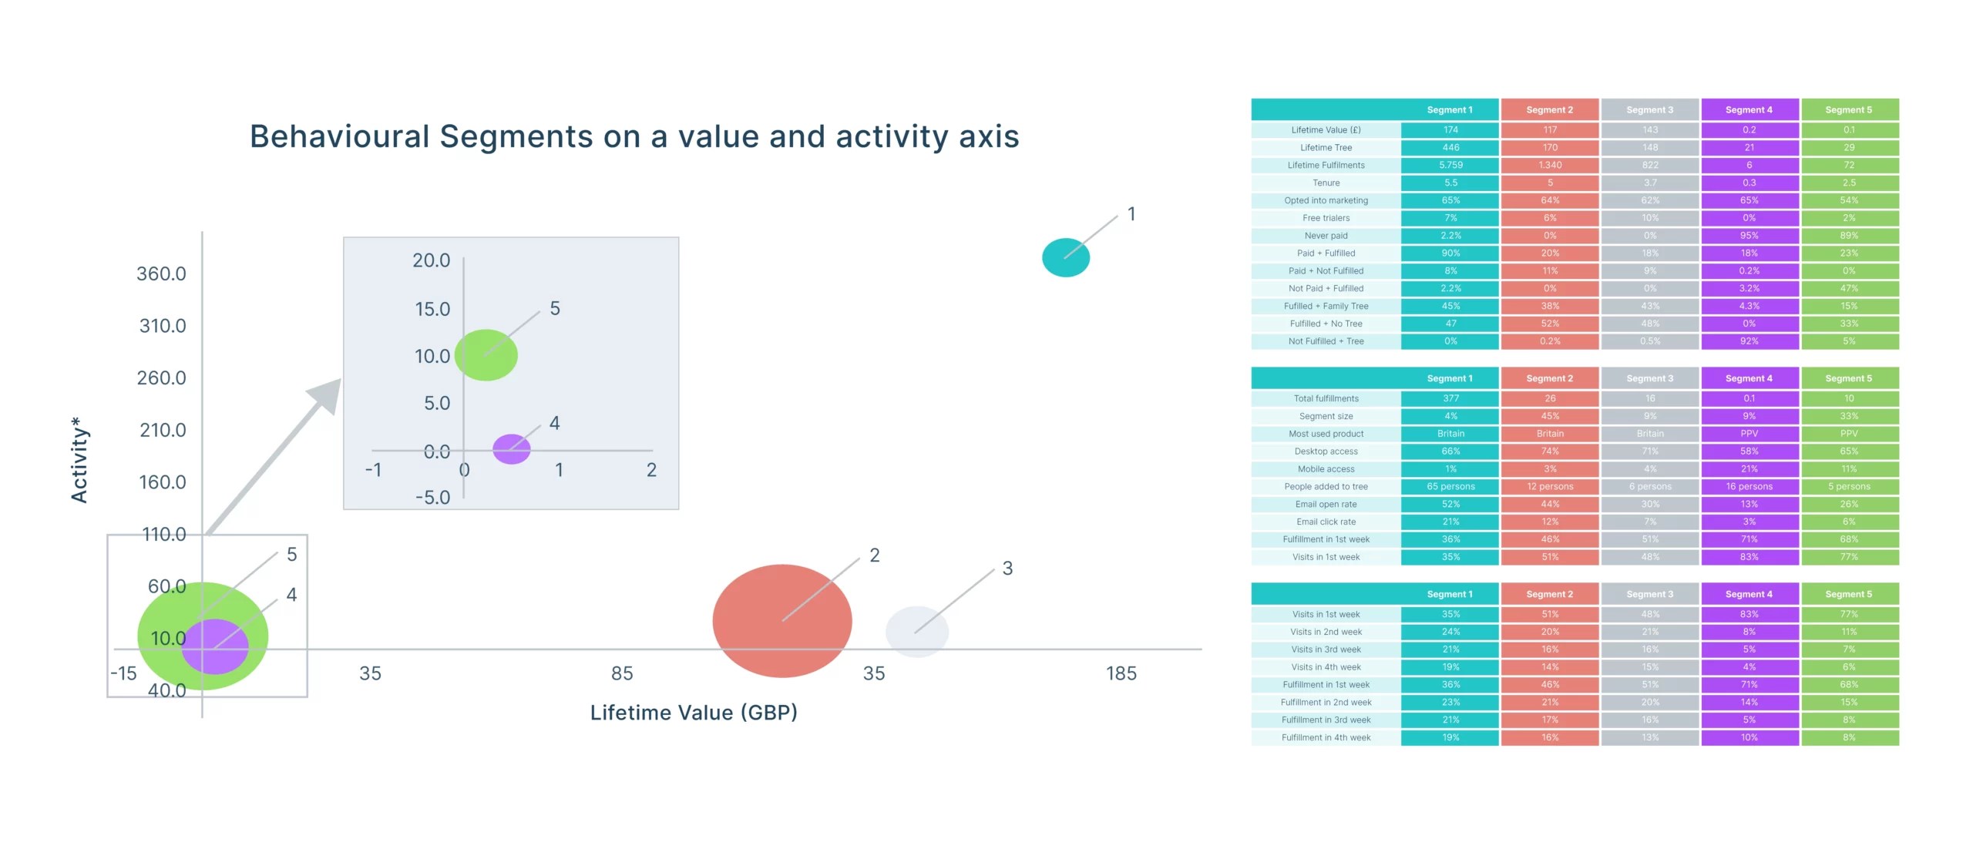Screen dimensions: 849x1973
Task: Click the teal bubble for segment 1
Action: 1065,258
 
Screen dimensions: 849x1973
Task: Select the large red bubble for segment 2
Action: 781,621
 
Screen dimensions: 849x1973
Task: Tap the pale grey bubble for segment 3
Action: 916,632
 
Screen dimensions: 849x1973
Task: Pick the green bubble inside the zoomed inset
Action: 486,355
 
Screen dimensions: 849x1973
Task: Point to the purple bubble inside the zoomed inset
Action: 511,449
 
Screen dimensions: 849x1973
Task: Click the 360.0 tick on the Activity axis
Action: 161,273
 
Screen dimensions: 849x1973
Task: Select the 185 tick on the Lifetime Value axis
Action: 1121,673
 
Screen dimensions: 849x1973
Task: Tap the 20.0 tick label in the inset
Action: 431,260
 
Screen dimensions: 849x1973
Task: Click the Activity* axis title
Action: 79,460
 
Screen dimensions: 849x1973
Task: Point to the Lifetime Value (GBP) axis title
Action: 694,713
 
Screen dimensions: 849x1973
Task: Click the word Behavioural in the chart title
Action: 339,137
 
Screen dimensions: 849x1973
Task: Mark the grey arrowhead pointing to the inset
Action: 328,392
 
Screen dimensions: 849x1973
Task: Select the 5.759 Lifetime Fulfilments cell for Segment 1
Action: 1450,165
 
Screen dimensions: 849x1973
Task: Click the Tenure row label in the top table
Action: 1326,183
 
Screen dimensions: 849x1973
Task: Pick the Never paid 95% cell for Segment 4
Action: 1749,236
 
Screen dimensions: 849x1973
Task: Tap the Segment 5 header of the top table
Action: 1848,110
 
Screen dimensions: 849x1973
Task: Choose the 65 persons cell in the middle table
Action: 1450,487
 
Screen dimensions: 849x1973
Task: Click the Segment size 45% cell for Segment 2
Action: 1549,416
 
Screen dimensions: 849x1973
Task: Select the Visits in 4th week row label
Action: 1326,667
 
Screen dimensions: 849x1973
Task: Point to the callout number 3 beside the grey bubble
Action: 1007,569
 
